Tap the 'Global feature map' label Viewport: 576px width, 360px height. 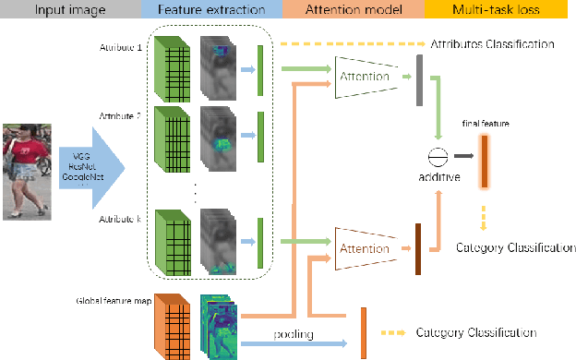pyautogui.click(x=112, y=301)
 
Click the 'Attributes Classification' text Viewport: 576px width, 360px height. pyautogui.click(x=492, y=44)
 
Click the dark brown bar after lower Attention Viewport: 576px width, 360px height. pyautogui.click(x=418, y=248)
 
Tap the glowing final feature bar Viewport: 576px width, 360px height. pyautogui.click(x=483, y=159)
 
